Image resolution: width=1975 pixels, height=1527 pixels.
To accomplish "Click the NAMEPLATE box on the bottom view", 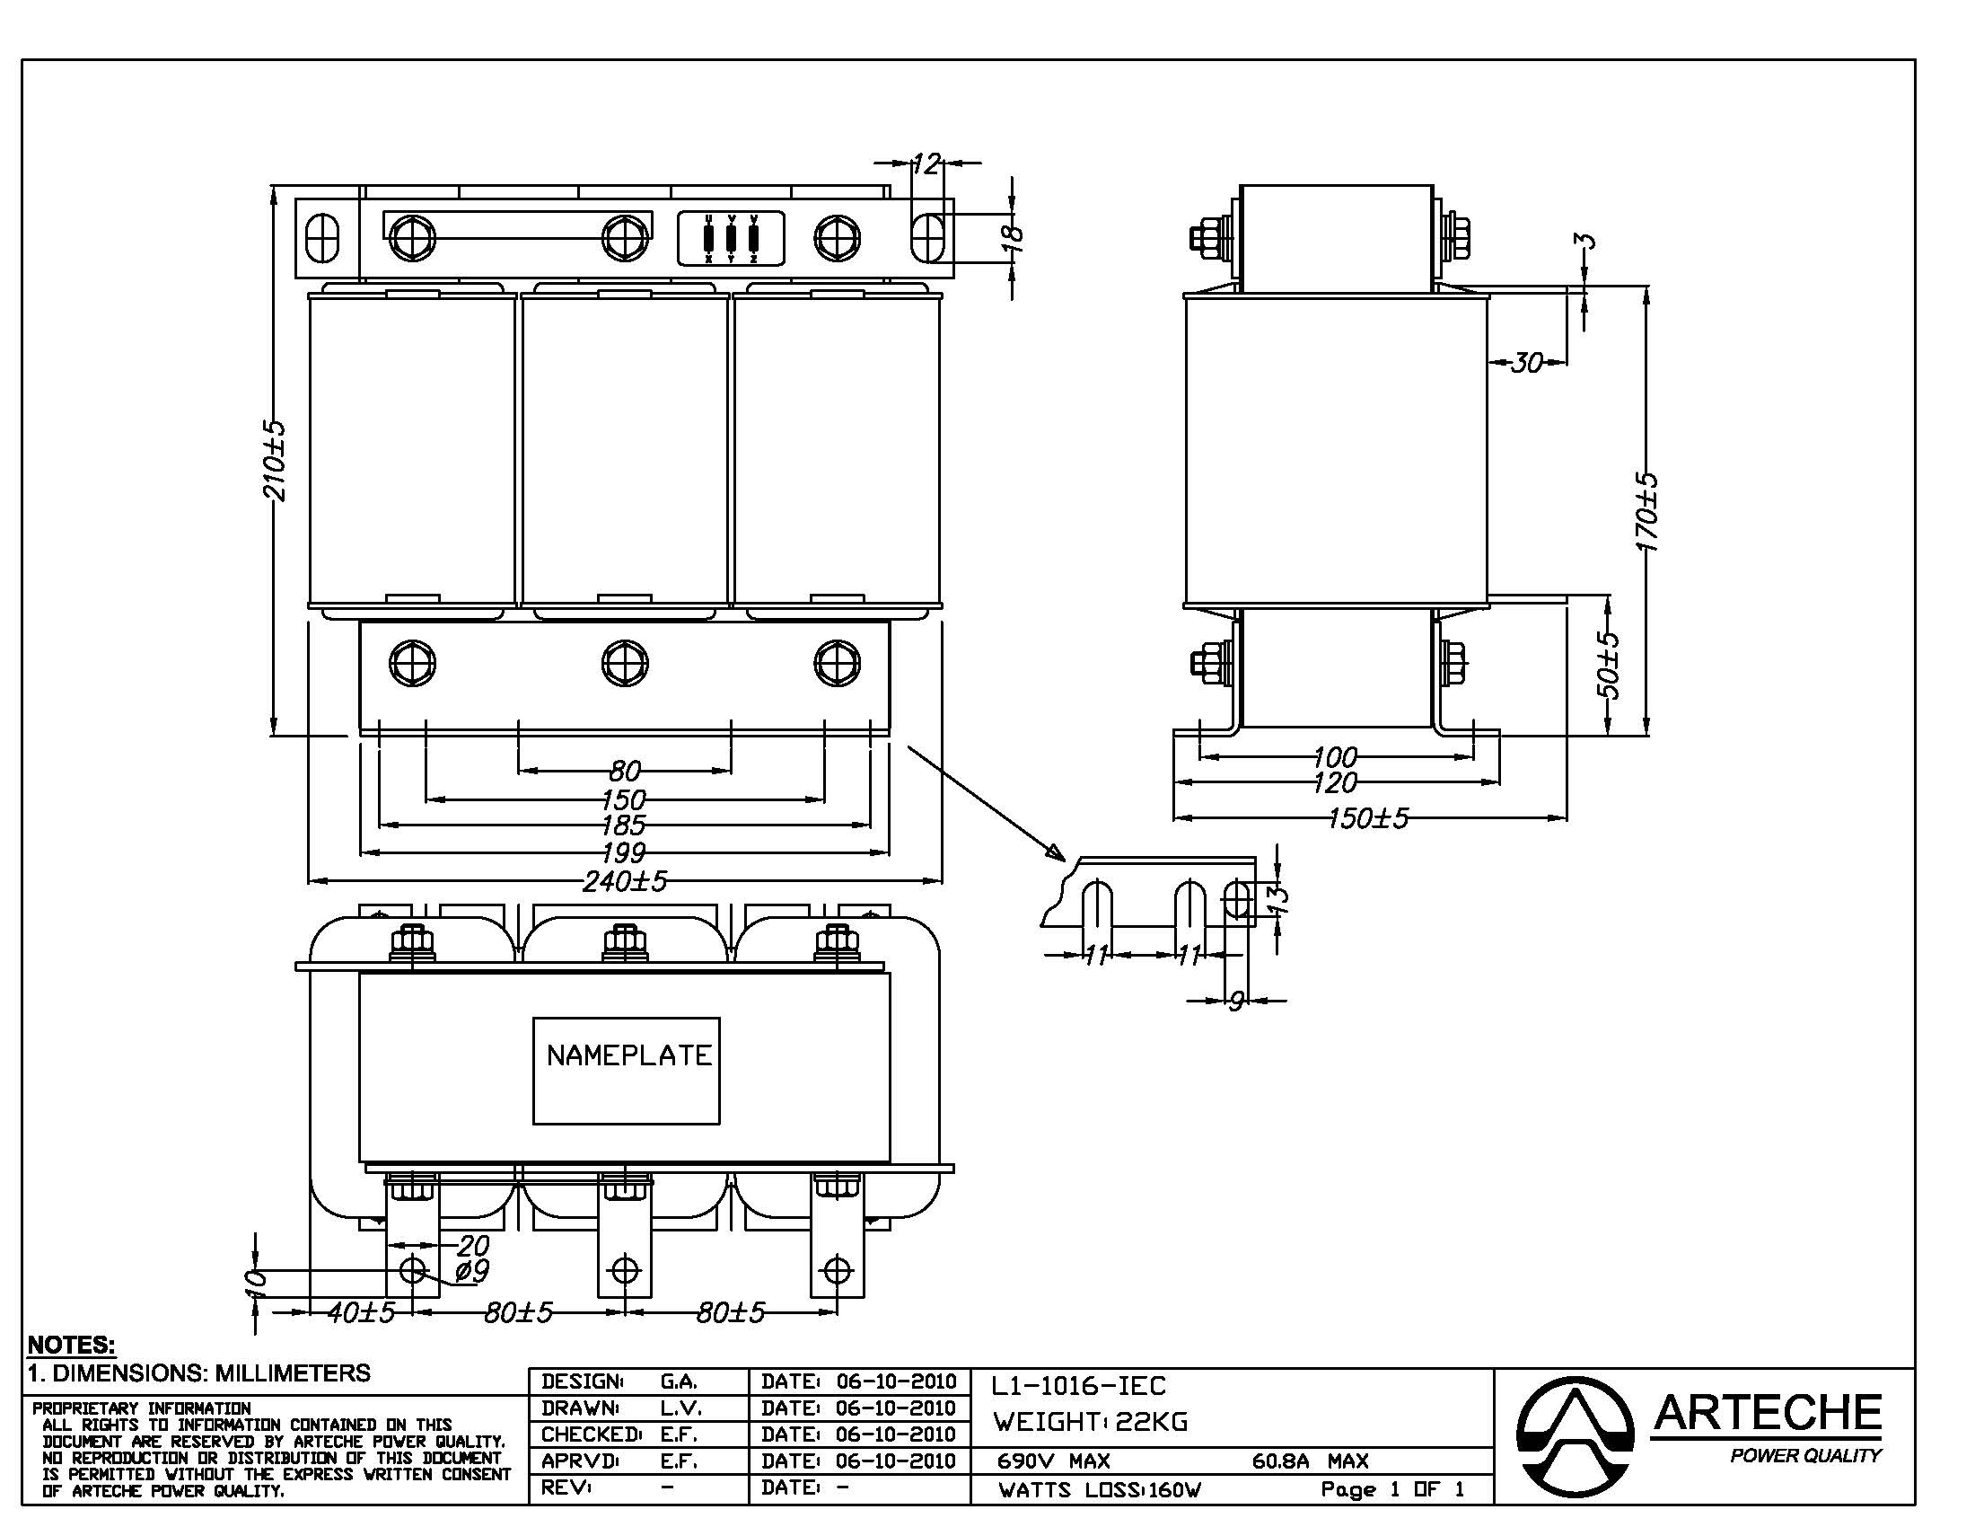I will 626,1070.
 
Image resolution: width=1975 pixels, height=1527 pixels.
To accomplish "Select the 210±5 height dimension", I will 274,461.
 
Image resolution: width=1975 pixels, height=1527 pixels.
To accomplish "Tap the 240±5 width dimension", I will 625,880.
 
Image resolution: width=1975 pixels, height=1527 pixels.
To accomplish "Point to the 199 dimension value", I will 624,852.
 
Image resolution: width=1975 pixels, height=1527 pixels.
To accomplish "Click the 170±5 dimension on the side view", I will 1647,511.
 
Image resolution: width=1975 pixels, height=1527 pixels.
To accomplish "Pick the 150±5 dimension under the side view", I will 1368,818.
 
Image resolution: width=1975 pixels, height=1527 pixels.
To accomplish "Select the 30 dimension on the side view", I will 1526,363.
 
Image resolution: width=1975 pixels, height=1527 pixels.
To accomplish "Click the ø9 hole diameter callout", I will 471,1271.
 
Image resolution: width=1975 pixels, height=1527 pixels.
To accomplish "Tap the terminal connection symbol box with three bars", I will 731,239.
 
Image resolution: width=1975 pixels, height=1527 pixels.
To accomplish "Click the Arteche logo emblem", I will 1576,1435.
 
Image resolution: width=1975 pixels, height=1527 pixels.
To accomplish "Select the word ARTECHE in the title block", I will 1767,1412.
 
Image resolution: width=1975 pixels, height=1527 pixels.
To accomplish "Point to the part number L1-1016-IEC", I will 1079,1386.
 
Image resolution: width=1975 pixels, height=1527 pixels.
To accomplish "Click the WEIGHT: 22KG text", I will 1091,1422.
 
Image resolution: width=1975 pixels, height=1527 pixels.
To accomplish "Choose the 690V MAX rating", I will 1054,1461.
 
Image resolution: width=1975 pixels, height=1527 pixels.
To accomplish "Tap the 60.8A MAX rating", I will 1311,1461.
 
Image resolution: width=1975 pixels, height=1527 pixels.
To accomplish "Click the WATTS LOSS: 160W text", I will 1100,1490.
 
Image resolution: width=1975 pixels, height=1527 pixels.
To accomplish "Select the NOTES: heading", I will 72,1345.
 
